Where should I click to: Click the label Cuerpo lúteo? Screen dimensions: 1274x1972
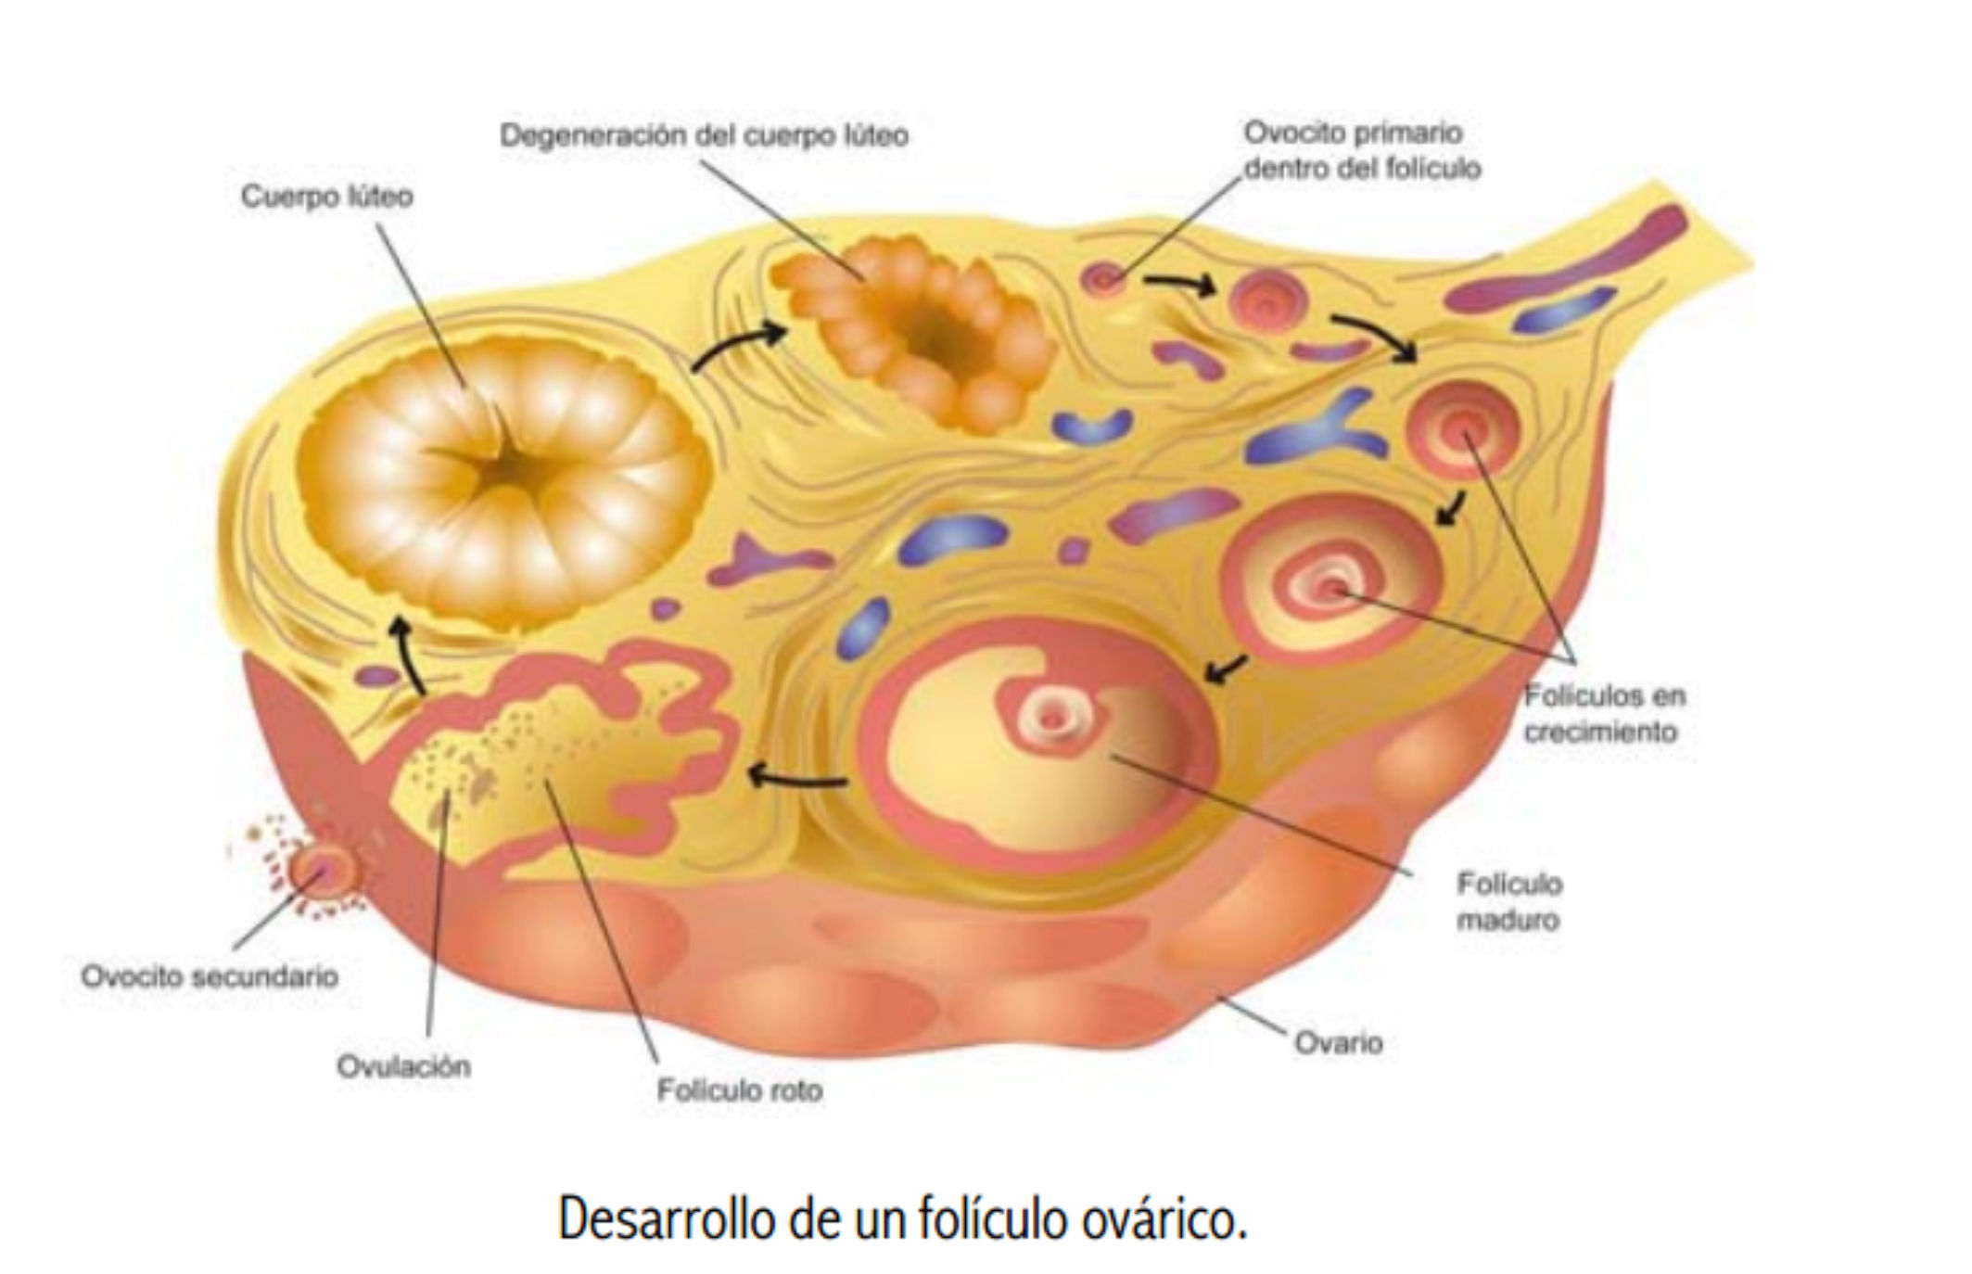[326, 197]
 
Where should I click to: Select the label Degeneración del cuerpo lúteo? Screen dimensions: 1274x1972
[704, 136]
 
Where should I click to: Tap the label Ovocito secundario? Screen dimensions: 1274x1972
[210, 976]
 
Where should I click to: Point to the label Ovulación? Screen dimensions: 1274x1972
[403, 1066]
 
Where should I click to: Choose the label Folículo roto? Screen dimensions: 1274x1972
[739, 1089]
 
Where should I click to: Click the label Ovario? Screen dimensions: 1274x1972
[1338, 1043]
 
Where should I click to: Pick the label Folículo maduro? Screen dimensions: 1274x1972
[1508, 901]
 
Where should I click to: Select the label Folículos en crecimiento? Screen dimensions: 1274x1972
[1604, 713]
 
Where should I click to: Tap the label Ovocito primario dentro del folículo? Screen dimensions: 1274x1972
[1361, 151]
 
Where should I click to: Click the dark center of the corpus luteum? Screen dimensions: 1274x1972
[505, 468]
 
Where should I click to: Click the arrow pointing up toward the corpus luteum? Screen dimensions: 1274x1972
[405, 655]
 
